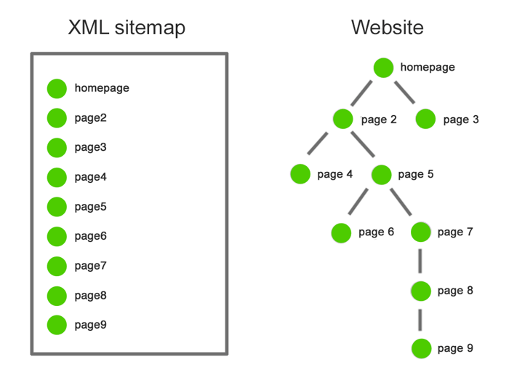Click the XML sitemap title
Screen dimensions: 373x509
coord(127,28)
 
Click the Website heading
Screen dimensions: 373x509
coord(387,28)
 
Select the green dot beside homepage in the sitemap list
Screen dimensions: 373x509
coord(57,88)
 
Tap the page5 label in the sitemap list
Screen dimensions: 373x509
coord(90,207)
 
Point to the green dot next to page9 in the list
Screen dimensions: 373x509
coord(57,325)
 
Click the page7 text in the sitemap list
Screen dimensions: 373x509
coord(90,266)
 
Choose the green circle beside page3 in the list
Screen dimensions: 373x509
coord(57,148)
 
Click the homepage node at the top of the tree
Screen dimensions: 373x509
coord(384,68)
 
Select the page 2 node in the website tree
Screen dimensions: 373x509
coord(343,119)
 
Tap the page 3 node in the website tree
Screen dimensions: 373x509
coord(425,119)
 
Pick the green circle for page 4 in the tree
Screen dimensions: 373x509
coord(300,174)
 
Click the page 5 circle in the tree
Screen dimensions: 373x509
coord(381,174)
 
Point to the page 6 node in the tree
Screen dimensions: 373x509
coord(341,233)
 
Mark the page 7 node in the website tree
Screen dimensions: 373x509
coord(421,232)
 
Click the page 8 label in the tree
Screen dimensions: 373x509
coord(455,291)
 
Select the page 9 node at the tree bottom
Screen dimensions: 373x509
coord(421,349)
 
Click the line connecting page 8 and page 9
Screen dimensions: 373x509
coord(421,320)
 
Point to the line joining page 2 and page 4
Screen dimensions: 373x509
coord(319,144)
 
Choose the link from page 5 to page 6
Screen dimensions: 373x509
coord(358,202)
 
